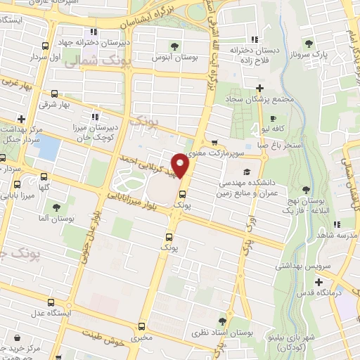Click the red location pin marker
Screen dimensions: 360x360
pyautogui.click(x=181, y=164)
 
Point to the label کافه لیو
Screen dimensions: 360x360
pyautogui.click(x=272, y=129)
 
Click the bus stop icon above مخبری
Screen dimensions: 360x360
pyautogui.click(x=143, y=326)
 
